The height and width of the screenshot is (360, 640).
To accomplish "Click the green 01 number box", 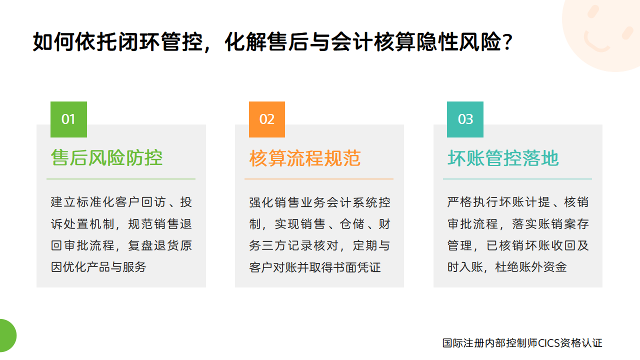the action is point(68,119).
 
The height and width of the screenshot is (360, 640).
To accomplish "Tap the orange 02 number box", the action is point(267,119).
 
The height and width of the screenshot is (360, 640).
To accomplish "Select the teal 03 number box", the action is point(465,119).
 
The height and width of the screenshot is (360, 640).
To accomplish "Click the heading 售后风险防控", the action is point(107,157).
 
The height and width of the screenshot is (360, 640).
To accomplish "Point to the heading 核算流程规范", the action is point(305,158).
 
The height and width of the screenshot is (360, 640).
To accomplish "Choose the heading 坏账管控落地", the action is point(503,158).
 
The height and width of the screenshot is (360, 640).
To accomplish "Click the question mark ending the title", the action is point(507,42).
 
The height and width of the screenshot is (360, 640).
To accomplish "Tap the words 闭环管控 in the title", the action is point(160,42).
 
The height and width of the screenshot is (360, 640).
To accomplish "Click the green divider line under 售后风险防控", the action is point(121,179).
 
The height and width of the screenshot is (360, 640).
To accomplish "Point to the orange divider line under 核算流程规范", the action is point(319,179).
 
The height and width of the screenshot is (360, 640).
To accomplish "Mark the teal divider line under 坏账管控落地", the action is point(517,179).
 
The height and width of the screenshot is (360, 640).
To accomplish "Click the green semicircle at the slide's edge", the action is point(7,335).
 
